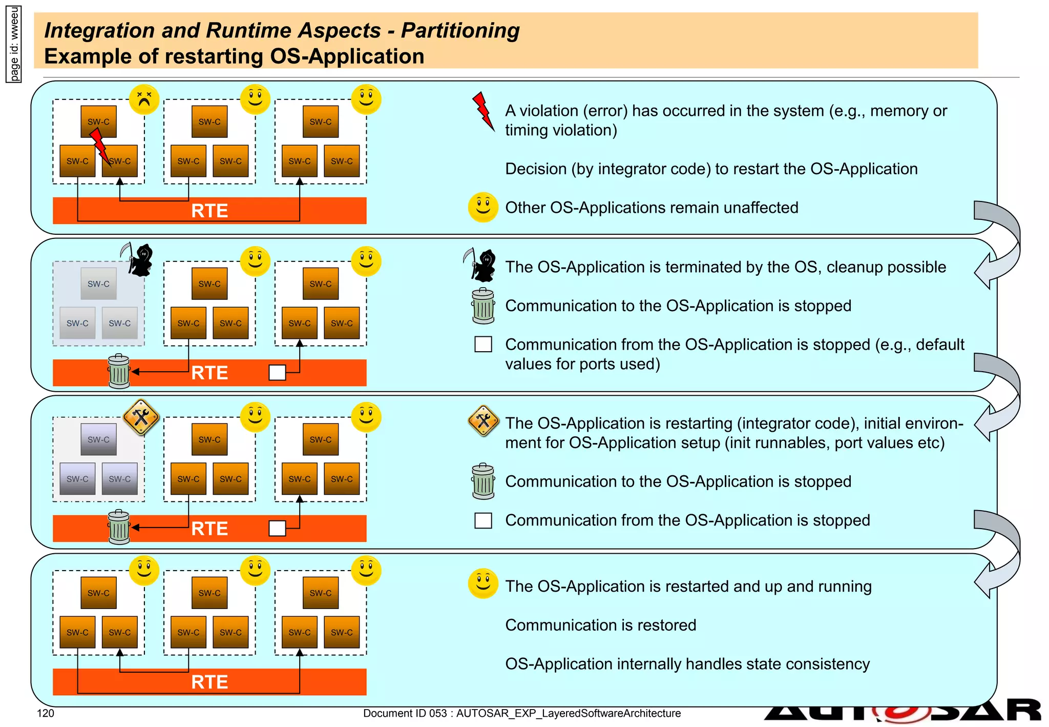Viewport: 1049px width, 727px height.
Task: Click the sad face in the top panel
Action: pyautogui.click(x=144, y=99)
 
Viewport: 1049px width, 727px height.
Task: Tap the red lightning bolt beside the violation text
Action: pyautogui.click(x=482, y=111)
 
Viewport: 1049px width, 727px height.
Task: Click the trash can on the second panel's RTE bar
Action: pyautogui.click(x=119, y=372)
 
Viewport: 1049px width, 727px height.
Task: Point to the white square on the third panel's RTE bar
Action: pyautogui.click(x=277, y=528)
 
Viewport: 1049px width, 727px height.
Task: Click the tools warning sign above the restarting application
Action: pyautogui.click(x=141, y=417)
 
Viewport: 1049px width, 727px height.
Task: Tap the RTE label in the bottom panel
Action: pyautogui.click(x=209, y=682)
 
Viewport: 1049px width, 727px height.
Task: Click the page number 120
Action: pyautogui.click(x=46, y=713)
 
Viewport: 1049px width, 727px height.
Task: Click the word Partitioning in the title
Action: pyautogui.click(x=460, y=30)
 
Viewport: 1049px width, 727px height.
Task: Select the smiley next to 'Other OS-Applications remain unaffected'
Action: pyautogui.click(x=482, y=207)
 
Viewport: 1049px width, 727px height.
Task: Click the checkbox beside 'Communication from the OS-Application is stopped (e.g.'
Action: pyautogui.click(x=483, y=344)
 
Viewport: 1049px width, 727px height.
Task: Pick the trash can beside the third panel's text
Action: pyautogui.click(x=483, y=481)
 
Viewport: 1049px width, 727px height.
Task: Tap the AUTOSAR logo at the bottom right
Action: pyautogui.click(x=901, y=713)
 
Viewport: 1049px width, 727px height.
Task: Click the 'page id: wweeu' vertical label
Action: pyautogui.click(x=14, y=44)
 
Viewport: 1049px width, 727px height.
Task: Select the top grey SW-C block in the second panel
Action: pyautogui.click(x=98, y=284)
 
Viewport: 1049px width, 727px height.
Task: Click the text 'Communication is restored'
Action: pyautogui.click(x=600, y=625)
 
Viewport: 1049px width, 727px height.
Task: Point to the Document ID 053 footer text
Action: pyautogui.click(x=521, y=713)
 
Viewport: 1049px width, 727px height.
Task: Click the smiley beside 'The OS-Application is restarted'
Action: pyautogui.click(x=482, y=583)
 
